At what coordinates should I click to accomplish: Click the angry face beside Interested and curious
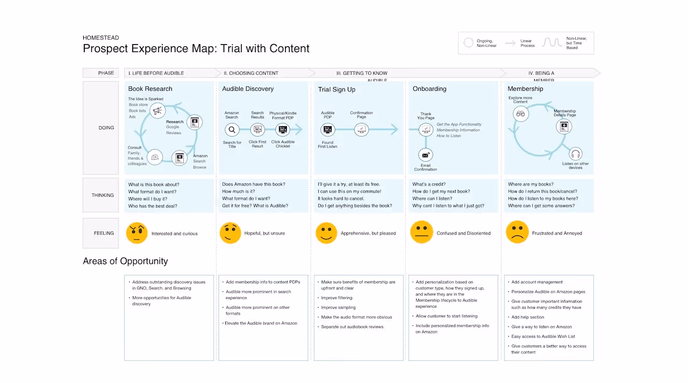[137, 233]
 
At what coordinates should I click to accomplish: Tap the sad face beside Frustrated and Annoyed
[517, 233]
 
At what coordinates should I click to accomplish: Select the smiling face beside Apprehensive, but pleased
[326, 233]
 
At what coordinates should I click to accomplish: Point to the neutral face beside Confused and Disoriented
[421, 233]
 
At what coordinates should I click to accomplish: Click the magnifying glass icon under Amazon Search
[232, 129]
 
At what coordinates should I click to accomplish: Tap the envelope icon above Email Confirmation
[426, 155]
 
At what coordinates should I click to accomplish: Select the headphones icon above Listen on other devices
[575, 154]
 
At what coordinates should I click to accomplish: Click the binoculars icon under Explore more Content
[520, 113]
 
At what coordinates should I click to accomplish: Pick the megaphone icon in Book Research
[157, 111]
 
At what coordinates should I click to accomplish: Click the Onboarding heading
[429, 89]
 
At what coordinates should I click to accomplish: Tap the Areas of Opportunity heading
[125, 261]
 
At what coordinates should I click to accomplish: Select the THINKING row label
[102, 195]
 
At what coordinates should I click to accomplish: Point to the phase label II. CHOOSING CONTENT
[251, 73]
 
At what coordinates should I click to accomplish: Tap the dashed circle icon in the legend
[468, 42]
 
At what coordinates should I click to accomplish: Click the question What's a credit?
[429, 184]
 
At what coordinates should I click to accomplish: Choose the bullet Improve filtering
[336, 298]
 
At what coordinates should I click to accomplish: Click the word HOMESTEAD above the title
[99, 38]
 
